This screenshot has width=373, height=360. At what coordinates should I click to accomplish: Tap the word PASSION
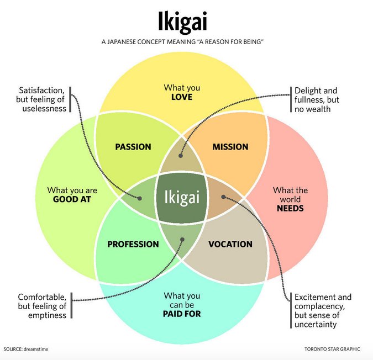tap(133, 147)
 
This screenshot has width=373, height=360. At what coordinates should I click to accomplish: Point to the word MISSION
tap(230, 147)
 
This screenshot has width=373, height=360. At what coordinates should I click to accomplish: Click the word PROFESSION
tap(133, 244)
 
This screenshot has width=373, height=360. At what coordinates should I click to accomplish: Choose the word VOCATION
tap(230, 244)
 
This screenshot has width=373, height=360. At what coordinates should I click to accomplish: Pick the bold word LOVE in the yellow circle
tap(182, 97)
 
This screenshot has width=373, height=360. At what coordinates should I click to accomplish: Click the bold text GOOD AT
tap(72, 200)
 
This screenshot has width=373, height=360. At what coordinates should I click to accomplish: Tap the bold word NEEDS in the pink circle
tap(291, 209)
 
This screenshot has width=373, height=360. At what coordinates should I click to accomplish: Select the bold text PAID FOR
tap(182, 314)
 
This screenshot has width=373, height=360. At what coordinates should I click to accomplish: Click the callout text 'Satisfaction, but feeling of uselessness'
tap(42, 99)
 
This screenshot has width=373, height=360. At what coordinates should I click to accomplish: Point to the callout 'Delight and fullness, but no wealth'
tap(317, 99)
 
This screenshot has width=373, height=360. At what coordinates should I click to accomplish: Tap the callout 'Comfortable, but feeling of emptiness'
tap(42, 305)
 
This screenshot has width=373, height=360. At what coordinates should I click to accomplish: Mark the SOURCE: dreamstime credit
tap(27, 349)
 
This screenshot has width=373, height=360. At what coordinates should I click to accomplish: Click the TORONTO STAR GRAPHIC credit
tap(332, 349)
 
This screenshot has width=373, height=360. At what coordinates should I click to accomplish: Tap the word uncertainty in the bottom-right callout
tap(316, 325)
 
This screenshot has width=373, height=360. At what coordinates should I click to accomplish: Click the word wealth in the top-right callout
tap(318, 109)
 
